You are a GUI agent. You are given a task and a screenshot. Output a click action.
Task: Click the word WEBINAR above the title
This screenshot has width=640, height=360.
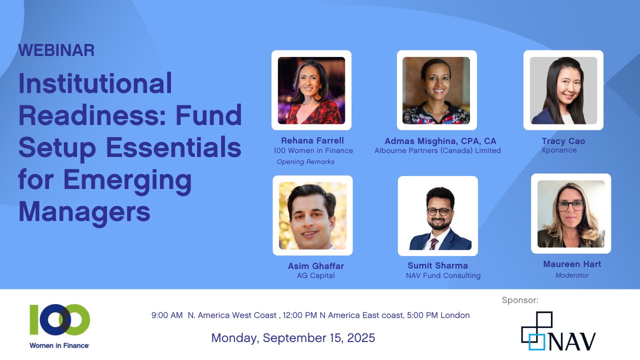pyautogui.click(x=56, y=50)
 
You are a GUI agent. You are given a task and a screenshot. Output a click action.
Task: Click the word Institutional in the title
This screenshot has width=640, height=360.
pyautogui.click(x=95, y=83)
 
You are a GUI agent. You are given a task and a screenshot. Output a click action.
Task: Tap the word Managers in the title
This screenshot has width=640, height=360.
pyautogui.click(x=84, y=212)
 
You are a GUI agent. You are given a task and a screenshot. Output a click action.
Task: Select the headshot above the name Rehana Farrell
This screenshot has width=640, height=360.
pyautogui.click(x=311, y=90)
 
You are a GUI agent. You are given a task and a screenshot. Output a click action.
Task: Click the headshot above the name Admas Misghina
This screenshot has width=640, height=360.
pyautogui.click(x=436, y=90)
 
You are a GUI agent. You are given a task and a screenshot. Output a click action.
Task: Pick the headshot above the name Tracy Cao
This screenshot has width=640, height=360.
pyautogui.click(x=563, y=90)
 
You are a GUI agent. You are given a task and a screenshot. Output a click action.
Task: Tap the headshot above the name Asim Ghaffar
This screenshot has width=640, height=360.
pyautogui.click(x=312, y=215)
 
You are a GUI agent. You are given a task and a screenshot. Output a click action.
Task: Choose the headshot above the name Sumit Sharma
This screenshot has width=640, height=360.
pyautogui.click(x=437, y=216)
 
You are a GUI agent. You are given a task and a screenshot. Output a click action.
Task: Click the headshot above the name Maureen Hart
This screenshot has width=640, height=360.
pyautogui.click(x=571, y=213)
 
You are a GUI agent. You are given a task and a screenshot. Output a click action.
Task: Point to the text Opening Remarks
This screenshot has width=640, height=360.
pyautogui.click(x=305, y=161)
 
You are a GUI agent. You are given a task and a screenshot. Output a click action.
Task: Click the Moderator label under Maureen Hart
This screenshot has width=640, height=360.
pyautogui.click(x=572, y=275)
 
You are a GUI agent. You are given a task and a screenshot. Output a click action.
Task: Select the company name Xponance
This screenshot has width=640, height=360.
pyautogui.click(x=559, y=150)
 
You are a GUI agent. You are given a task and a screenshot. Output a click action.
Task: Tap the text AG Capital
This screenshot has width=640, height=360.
pyautogui.click(x=315, y=275)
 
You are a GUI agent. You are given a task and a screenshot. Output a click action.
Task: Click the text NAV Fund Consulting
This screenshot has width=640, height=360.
pyautogui.click(x=443, y=275)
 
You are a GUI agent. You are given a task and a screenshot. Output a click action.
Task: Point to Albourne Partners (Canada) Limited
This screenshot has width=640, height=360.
pyautogui.click(x=437, y=150)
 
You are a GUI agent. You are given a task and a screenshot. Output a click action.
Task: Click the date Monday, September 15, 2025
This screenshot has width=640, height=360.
pyautogui.click(x=293, y=337)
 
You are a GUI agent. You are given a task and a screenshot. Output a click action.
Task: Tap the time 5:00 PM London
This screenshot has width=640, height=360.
pyautogui.click(x=438, y=315)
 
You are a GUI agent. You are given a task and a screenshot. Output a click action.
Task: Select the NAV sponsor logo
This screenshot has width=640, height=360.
pyautogui.click(x=558, y=331)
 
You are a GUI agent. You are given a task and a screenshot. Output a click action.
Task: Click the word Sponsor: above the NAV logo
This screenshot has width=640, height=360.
pyautogui.click(x=520, y=300)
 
